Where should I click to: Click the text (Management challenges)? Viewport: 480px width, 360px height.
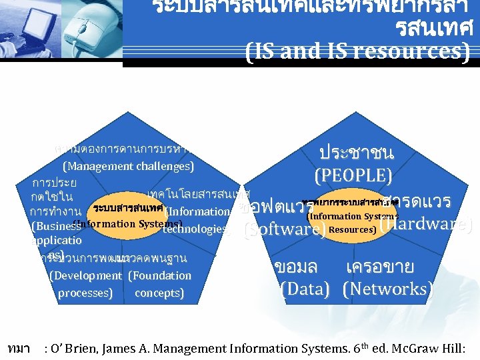tap(127, 166)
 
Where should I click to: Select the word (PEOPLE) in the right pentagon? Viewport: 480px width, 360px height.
tap(353, 176)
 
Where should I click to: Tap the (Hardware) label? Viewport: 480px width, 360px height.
tap(425, 225)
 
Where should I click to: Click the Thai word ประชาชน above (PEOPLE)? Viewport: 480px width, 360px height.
tap(356, 153)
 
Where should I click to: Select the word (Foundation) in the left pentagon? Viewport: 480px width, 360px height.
tap(159, 275)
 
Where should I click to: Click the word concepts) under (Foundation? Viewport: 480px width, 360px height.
tap(159, 293)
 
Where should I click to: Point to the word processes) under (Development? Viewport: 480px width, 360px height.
tap(85, 293)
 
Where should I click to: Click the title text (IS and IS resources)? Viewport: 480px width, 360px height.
tap(357, 51)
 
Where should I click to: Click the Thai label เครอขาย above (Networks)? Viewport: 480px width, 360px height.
tap(380, 267)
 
